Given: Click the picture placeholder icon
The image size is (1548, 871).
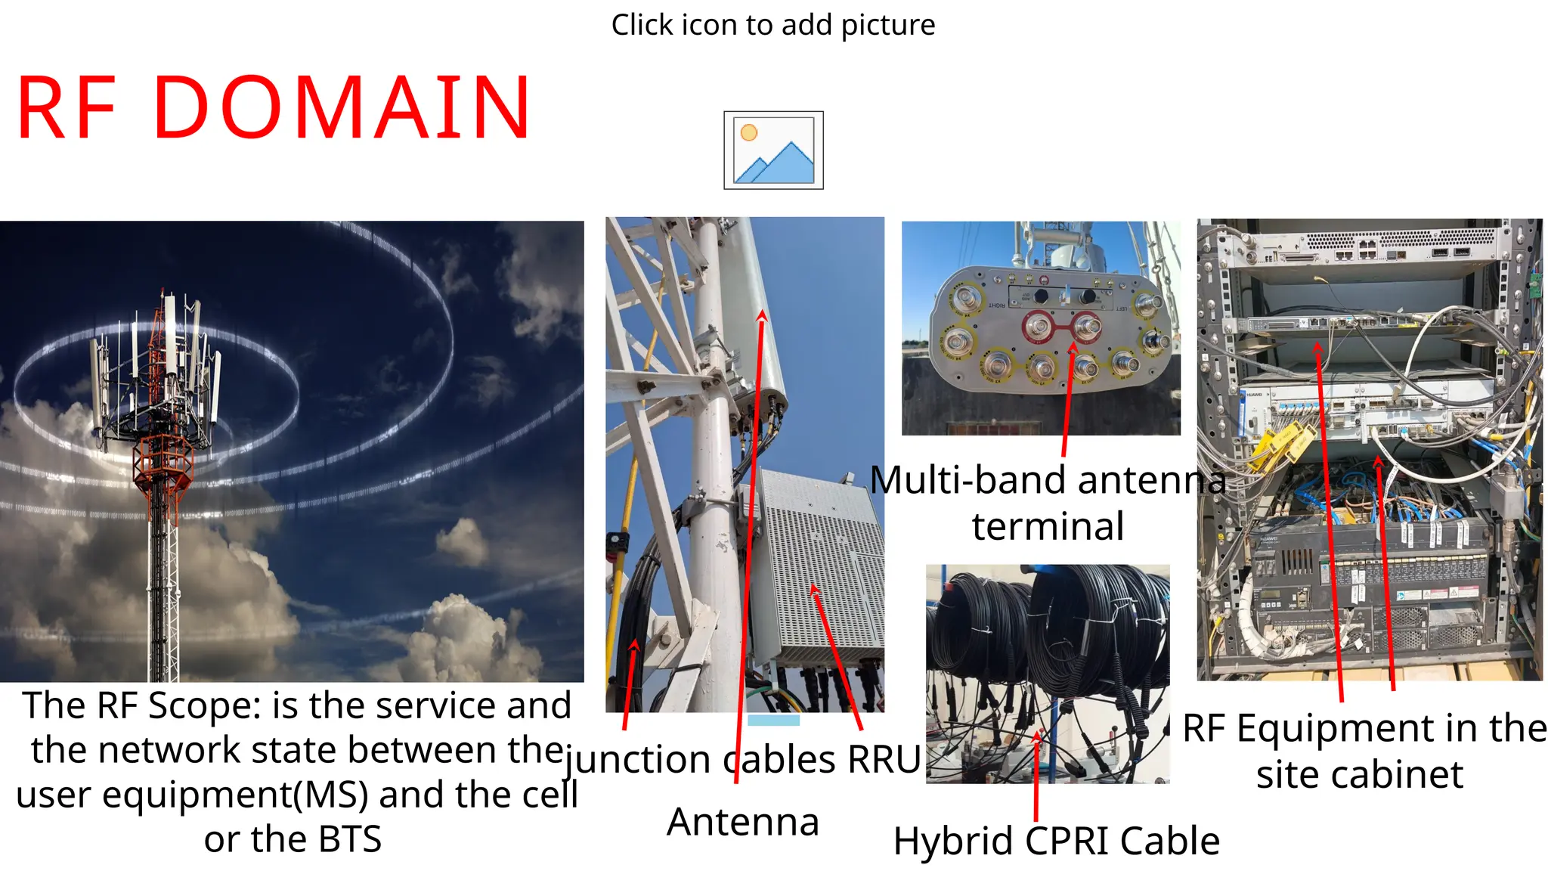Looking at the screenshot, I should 773,150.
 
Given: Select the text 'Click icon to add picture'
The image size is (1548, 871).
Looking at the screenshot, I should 773,25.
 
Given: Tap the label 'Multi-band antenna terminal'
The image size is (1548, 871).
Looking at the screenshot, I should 1048,503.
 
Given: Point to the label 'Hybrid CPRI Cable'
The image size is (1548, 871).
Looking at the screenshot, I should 1056,841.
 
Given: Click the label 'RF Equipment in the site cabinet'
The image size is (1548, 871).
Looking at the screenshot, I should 1364,751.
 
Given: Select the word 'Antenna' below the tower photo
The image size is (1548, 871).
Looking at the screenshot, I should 743,822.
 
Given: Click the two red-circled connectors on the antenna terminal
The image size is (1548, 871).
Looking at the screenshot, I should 1063,327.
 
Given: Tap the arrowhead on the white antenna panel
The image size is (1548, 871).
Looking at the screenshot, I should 763,316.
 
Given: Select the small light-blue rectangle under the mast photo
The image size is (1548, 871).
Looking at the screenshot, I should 773,720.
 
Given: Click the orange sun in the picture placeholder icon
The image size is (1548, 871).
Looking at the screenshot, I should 749,132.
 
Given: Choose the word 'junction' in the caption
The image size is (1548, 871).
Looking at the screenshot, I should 637,759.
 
